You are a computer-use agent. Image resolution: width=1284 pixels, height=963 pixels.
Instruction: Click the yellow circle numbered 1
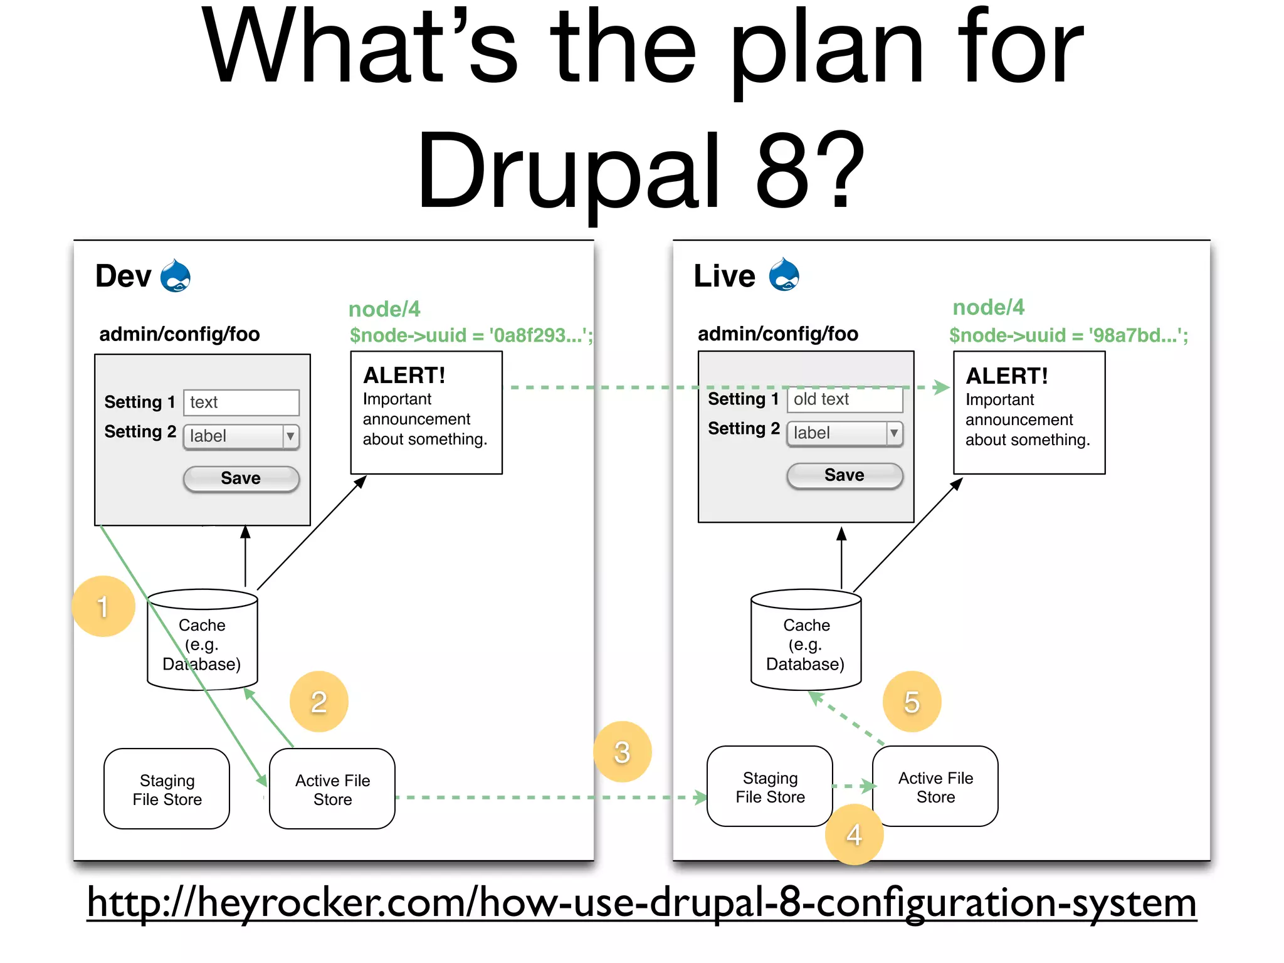103,606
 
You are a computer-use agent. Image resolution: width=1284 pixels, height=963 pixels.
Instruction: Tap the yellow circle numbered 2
318,702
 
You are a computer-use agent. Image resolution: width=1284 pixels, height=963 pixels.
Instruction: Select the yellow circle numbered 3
622,752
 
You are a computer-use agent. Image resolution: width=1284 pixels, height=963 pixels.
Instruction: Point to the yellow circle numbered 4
854,834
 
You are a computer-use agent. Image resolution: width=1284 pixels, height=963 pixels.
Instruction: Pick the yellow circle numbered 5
912,702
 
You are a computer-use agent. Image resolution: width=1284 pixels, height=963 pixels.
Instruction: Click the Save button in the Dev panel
241,478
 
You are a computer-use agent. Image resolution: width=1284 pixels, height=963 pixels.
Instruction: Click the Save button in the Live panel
844,475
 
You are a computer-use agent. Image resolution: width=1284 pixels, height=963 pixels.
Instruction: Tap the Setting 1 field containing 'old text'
844,399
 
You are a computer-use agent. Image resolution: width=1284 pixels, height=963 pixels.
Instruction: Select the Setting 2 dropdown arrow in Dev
290,436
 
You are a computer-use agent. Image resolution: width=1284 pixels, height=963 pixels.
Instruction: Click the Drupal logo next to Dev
175,276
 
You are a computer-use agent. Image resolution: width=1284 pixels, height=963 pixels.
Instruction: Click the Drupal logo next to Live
784,275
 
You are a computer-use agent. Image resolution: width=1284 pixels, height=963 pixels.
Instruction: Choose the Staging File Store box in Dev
167,789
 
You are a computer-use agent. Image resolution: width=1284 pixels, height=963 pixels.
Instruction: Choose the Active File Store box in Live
935,787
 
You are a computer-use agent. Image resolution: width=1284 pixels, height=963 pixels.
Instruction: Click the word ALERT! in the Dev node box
404,376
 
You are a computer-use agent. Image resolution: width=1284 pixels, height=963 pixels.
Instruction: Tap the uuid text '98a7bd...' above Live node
1137,335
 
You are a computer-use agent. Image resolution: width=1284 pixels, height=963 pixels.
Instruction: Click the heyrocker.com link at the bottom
641,903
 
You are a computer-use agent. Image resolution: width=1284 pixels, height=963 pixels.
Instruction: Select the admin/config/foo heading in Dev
179,334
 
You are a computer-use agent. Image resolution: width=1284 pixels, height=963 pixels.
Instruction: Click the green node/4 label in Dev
384,309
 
